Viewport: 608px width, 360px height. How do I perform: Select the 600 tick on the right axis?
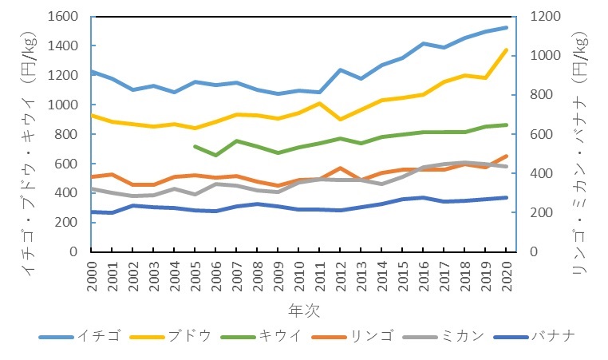(x=535, y=134)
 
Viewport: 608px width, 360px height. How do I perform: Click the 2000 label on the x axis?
(x=92, y=274)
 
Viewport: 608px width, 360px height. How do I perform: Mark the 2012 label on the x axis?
(x=341, y=274)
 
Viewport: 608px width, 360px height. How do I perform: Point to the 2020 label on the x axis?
(x=506, y=274)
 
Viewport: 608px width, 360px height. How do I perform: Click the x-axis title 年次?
(x=298, y=308)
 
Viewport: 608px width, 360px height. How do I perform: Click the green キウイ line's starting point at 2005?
(x=195, y=146)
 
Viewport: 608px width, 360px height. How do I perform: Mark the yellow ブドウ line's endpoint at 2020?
(x=506, y=50)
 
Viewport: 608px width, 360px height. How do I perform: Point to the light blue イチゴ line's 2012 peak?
(x=341, y=70)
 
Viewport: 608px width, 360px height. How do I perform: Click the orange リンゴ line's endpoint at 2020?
(x=506, y=156)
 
